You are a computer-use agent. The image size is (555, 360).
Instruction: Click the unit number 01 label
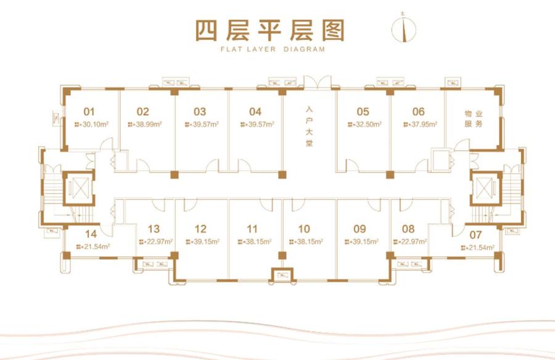(x=89, y=112)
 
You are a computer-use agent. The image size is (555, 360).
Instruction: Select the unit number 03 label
(x=200, y=112)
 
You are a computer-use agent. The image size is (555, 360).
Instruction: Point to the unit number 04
(x=255, y=112)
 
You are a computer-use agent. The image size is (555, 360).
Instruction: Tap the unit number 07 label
(x=475, y=235)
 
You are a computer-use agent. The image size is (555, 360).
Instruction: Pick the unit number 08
(x=408, y=229)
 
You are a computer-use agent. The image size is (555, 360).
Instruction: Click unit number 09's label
(x=360, y=229)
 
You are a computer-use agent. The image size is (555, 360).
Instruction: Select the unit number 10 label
(x=304, y=229)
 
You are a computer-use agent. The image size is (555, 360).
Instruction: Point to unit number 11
(x=252, y=229)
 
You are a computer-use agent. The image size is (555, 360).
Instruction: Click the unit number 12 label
(x=200, y=229)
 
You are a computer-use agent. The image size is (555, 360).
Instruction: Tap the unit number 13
(x=154, y=229)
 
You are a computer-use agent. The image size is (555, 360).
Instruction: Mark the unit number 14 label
(x=91, y=234)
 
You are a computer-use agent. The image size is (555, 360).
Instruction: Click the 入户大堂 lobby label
(x=310, y=126)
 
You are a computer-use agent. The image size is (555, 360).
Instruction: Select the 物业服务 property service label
(x=474, y=119)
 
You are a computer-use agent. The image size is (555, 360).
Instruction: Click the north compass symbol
(x=403, y=28)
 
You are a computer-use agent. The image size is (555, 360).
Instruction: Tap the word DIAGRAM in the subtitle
(x=304, y=49)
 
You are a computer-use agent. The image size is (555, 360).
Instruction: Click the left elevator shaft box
(x=79, y=188)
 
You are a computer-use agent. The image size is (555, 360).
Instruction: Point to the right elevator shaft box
(x=486, y=188)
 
